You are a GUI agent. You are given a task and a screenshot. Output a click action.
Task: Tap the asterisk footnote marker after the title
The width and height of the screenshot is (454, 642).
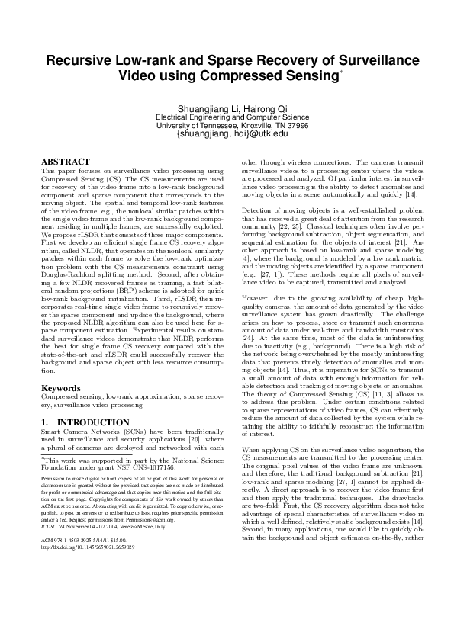(x=341, y=72)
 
